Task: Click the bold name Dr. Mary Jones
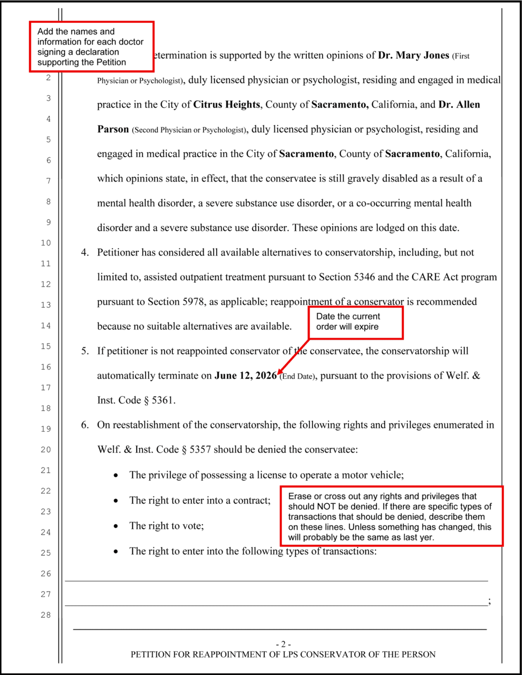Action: [x=413, y=55]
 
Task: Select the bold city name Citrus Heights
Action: [x=226, y=105]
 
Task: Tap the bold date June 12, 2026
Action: [x=246, y=376]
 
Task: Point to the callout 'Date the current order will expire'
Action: [x=355, y=322]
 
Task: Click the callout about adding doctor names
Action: [x=92, y=47]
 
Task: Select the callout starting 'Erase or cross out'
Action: [x=391, y=516]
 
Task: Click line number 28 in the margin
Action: [x=46, y=615]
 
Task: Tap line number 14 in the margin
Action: [x=46, y=326]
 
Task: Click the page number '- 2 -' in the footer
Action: [x=283, y=645]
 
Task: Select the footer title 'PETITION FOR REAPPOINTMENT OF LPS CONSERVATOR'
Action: [x=283, y=654]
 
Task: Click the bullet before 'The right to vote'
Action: [x=115, y=526]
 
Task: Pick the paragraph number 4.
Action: [x=84, y=252]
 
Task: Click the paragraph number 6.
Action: [x=84, y=425]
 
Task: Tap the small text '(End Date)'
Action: [x=298, y=377]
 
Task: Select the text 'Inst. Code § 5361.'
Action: [x=136, y=401]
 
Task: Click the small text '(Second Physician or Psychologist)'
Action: [x=189, y=130]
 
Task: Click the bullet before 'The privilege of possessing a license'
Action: [x=115, y=476]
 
